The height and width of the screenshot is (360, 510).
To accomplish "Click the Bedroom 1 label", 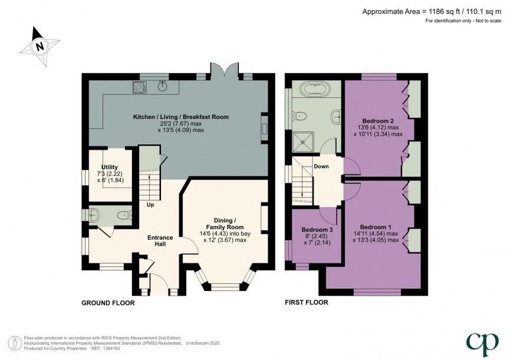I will coord(376,227).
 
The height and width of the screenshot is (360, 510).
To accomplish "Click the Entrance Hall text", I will coord(160,241).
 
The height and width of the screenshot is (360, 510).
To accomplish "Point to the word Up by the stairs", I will coord(151,204).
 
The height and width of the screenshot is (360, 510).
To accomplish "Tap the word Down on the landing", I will coord(321,166).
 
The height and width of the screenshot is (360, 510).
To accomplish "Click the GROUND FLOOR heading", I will coord(108,303).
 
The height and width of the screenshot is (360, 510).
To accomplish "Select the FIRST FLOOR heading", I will coord(307,303).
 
